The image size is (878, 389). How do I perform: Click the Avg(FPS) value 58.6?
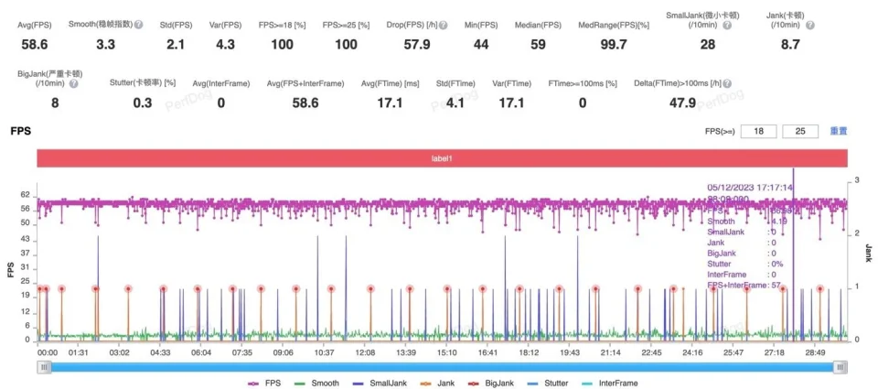[x=35, y=44]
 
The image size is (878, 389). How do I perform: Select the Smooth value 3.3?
[x=105, y=44]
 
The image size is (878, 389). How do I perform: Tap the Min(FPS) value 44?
[x=480, y=44]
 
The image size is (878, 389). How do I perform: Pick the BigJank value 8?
[x=55, y=103]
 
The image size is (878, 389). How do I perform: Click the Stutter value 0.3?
[x=143, y=103]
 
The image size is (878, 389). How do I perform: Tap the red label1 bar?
[x=442, y=158]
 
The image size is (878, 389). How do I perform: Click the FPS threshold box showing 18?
[x=758, y=132]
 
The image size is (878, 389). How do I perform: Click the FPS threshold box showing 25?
[x=800, y=132]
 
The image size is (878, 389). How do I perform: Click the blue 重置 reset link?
[x=838, y=132]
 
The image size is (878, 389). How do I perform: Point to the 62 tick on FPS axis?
[x=25, y=196]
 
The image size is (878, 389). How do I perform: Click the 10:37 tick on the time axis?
[x=324, y=352]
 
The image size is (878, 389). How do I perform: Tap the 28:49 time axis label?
[x=814, y=352]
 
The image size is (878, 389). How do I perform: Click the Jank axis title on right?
[x=867, y=260]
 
